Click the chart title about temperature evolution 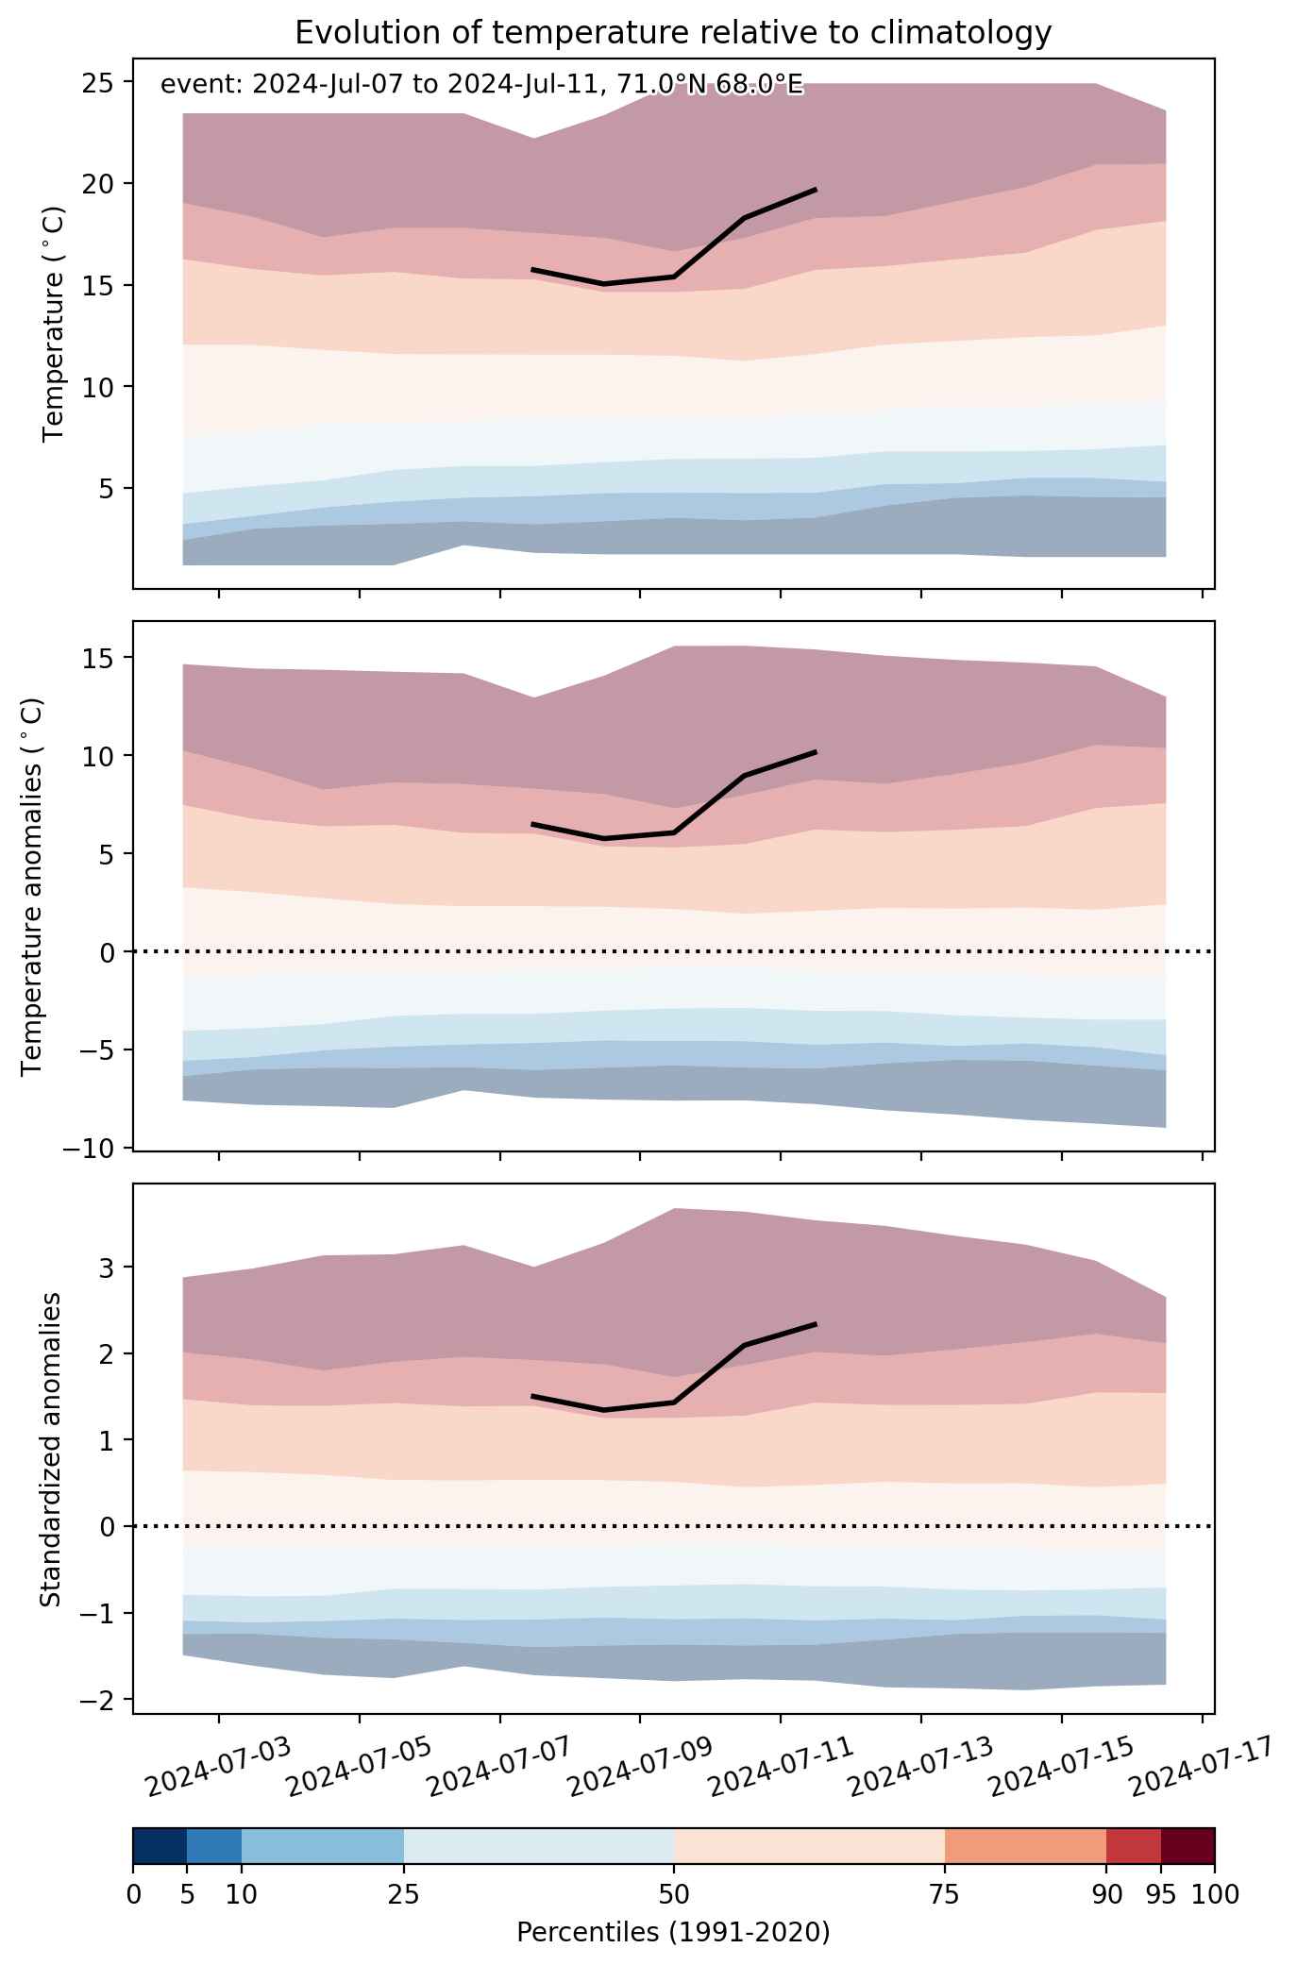[x=673, y=33]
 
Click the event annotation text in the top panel [x=481, y=85]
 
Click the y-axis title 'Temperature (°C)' [x=55, y=324]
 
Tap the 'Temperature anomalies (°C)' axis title [x=33, y=886]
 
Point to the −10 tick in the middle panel [x=93, y=1148]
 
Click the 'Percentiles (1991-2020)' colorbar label [x=673, y=1933]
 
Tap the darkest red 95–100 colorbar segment [x=1188, y=1846]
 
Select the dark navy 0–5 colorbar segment [x=160, y=1846]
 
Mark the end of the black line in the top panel [x=816, y=190]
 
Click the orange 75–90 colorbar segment [x=1025, y=1846]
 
